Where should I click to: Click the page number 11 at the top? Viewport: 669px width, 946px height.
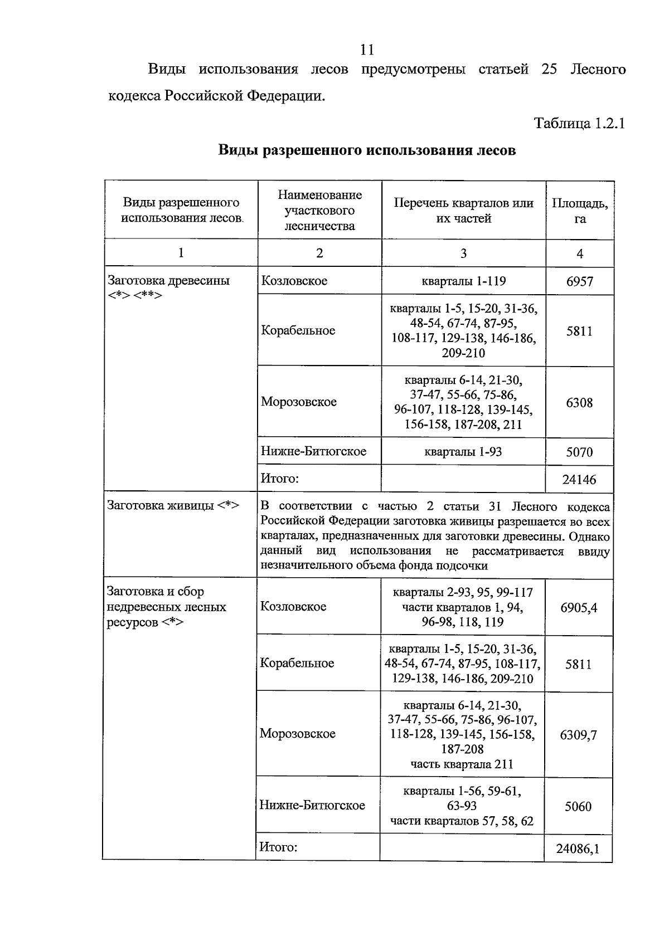point(367,50)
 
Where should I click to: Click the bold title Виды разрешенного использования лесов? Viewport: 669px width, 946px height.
point(367,150)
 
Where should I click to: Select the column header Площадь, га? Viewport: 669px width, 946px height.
point(580,211)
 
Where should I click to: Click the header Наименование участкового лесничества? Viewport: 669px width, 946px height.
point(319,210)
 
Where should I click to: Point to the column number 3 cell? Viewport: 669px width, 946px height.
point(463,253)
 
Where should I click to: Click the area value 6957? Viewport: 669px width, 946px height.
point(580,281)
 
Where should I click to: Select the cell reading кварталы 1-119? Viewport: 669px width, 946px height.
point(463,281)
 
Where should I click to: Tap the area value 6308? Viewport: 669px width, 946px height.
point(579,402)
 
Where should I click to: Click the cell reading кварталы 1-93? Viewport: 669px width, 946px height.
point(463,452)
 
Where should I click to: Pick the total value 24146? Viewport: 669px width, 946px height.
point(579,479)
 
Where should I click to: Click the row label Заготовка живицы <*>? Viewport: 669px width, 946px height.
point(173,505)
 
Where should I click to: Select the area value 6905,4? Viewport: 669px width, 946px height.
point(579,607)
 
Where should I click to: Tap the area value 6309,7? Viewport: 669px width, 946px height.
point(578,735)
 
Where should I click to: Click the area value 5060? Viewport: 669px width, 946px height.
point(578,806)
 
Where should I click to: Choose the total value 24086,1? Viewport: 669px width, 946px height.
point(578,849)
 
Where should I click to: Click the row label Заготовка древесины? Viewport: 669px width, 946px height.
point(168,280)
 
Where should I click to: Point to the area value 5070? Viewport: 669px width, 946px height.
point(579,452)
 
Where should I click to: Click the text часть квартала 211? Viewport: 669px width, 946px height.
point(462,764)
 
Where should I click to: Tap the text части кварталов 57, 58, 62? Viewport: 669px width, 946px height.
point(462,821)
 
